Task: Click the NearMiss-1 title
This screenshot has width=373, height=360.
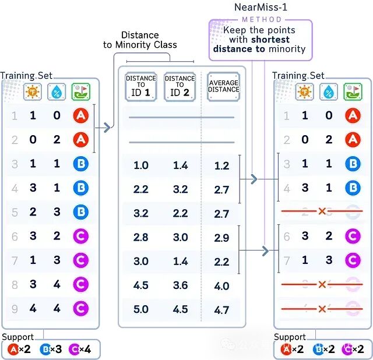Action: pyautogui.click(x=261, y=9)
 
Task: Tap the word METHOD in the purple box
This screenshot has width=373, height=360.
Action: pyautogui.click(x=261, y=19)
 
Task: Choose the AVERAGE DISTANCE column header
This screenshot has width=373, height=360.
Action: pyautogui.click(x=223, y=86)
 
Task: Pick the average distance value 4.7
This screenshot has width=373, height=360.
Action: pyautogui.click(x=221, y=310)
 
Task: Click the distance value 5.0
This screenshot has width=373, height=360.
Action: pyautogui.click(x=141, y=309)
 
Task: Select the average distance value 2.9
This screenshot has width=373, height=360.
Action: pyautogui.click(x=221, y=239)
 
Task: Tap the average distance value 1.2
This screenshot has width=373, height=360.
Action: pyautogui.click(x=221, y=166)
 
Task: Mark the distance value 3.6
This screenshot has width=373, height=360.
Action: pyautogui.click(x=180, y=285)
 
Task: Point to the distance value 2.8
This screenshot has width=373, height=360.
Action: pyautogui.click(x=141, y=238)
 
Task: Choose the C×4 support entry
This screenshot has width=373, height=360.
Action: pyautogui.click(x=79, y=350)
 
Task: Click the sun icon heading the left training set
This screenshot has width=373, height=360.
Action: pyautogui.click(x=32, y=91)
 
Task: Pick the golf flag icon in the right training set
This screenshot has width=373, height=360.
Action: pyautogui.click(x=353, y=91)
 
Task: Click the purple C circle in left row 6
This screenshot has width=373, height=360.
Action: pyautogui.click(x=80, y=235)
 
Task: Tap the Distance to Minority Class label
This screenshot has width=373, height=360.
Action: pyautogui.click(x=148, y=40)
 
